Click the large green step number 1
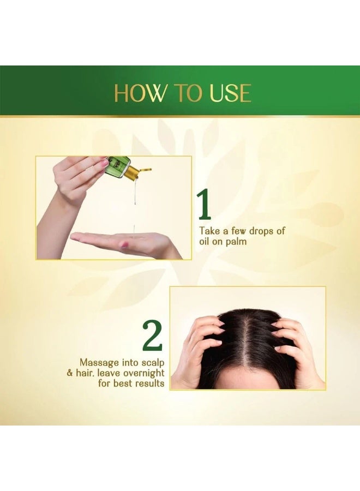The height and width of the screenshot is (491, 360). click(205, 205)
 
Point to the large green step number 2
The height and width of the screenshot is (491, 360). click(152, 336)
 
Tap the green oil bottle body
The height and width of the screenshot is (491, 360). click(117, 166)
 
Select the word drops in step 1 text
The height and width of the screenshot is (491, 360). click(253, 231)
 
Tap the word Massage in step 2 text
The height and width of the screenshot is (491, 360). click(99, 363)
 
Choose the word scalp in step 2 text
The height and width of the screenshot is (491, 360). click(153, 363)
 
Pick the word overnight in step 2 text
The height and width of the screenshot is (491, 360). click(143, 373)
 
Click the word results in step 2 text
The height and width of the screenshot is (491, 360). click(149, 383)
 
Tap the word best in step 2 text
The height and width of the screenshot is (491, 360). click(122, 383)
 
